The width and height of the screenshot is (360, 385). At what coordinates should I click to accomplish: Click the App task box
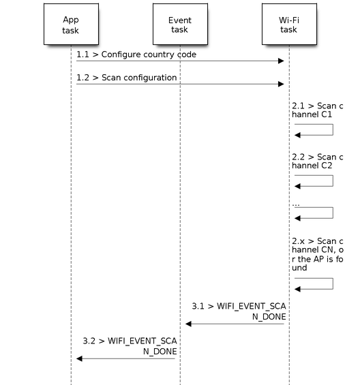[x=72, y=24]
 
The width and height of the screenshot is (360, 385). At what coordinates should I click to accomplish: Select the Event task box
[x=180, y=24]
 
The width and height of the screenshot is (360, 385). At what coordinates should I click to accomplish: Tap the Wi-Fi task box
[x=289, y=24]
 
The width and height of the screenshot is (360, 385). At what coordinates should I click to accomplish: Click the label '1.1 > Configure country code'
[x=136, y=55]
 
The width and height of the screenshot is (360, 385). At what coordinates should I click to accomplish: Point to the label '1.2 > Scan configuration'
[x=127, y=78]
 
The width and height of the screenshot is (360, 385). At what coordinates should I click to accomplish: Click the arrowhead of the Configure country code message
[x=281, y=61]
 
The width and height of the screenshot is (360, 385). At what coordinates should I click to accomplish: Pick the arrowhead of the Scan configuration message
[x=281, y=84]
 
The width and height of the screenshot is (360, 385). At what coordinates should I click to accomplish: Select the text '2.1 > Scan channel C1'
[x=318, y=110]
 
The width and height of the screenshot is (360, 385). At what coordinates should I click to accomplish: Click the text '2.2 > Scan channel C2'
[x=318, y=161]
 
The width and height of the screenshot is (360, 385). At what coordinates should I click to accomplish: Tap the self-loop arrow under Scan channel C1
[x=333, y=129]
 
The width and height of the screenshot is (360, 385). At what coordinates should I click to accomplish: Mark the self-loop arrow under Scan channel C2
[x=333, y=181]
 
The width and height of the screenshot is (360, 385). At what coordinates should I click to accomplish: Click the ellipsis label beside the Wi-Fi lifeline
[x=296, y=205]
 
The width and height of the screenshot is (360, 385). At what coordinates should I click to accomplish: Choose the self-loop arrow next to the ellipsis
[x=333, y=213]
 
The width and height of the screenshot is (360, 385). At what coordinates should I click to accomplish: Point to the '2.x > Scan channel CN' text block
[x=318, y=254]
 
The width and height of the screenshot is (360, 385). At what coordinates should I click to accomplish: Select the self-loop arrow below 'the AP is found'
[x=333, y=283]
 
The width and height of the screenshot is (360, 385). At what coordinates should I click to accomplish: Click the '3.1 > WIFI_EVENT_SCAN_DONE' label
[x=239, y=311]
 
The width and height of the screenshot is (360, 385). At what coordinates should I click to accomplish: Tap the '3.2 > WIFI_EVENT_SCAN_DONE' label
[x=130, y=346]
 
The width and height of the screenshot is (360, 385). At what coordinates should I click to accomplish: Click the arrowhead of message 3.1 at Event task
[x=188, y=324]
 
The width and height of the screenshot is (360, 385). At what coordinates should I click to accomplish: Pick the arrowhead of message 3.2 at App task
[x=79, y=358]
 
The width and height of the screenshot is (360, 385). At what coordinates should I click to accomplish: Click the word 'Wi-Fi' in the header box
[x=289, y=20]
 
